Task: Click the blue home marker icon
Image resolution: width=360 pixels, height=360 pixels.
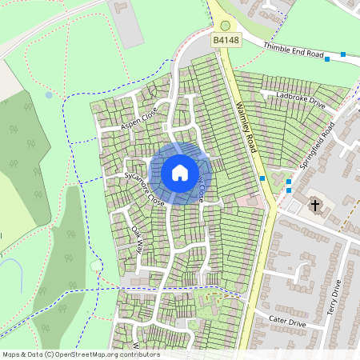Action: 180,172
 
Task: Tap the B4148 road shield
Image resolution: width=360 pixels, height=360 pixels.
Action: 225,38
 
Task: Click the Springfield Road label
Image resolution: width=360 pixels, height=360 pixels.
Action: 317,142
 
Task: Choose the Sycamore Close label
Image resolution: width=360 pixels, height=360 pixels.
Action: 144,189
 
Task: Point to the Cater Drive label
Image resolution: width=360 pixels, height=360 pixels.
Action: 287,322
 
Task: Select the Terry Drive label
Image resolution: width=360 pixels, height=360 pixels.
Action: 334,298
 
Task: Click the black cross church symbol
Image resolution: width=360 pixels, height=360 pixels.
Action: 315,206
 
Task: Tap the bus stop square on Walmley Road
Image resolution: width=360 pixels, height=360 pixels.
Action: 262,178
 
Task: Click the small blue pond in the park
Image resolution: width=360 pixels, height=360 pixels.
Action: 49,94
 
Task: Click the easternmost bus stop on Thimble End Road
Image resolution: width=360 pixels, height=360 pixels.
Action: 343,54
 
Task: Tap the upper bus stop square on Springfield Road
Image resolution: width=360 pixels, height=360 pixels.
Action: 289,182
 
